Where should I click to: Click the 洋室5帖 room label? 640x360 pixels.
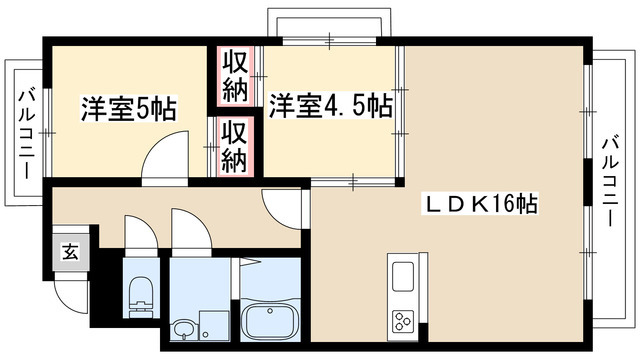pos(129,109)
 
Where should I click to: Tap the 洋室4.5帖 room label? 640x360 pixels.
pos(331,106)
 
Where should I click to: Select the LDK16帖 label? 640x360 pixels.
pos(480,203)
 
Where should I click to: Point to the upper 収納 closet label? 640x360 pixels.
pos(236,76)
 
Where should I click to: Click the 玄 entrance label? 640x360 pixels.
pos(70,252)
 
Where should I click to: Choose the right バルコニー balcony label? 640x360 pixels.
pos(610,182)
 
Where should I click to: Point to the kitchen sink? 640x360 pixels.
pos(402,276)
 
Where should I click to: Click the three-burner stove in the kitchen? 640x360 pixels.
pos(403,321)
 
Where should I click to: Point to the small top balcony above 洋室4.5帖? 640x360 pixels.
pos(329,22)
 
